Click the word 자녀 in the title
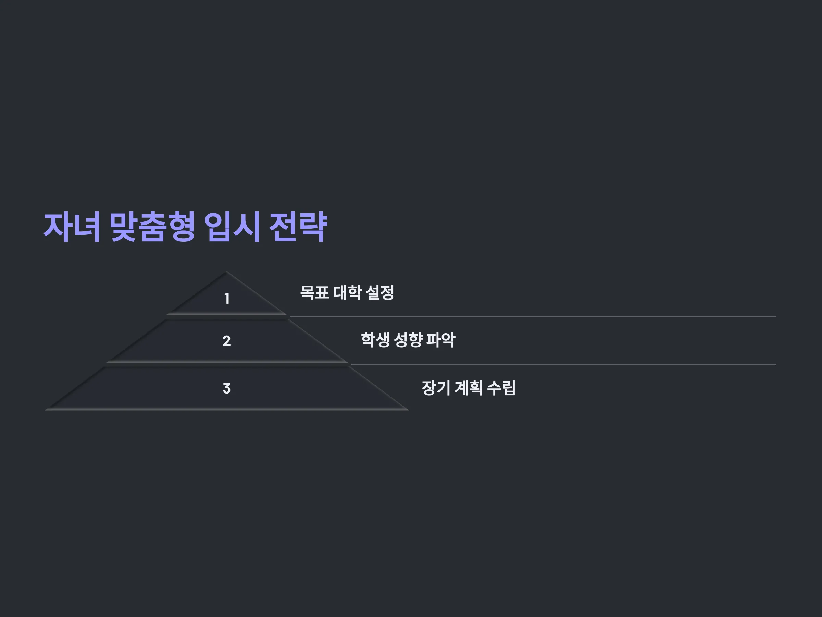pyautogui.click(x=72, y=227)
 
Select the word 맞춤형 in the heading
pyautogui.click(x=152, y=227)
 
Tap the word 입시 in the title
pyautogui.click(x=232, y=227)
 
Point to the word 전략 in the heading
pyautogui.click(x=298, y=227)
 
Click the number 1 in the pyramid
pyautogui.click(x=227, y=299)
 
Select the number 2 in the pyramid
pyautogui.click(x=227, y=341)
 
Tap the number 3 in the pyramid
pyautogui.click(x=227, y=388)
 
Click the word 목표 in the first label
pyautogui.click(x=314, y=292)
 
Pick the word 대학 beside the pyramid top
pyautogui.click(x=347, y=292)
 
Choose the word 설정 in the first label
pyautogui.click(x=380, y=292)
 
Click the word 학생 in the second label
pyautogui.click(x=375, y=340)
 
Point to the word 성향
pyautogui.click(x=408, y=340)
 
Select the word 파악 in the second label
pyautogui.click(x=441, y=340)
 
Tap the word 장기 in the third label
pyautogui.click(x=436, y=388)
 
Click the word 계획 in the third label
pyautogui.click(x=469, y=388)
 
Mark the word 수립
pyautogui.click(x=501, y=388)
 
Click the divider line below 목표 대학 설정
pyautogui.click(x=533, y=317)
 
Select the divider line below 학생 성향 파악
pyautogui.click(x=564, y=365)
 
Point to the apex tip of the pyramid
pyautogui.click(x=226, y=271)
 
